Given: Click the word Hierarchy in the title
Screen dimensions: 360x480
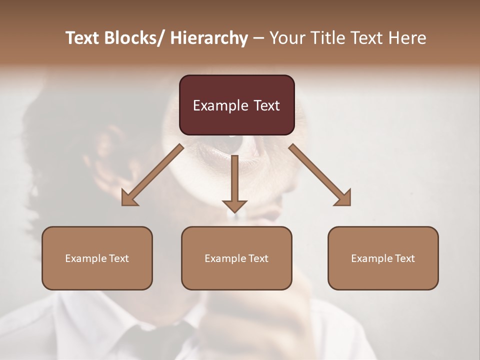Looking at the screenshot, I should (208, 38).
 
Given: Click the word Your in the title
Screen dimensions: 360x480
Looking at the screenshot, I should (287, 38).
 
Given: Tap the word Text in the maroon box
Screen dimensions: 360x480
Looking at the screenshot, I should (266, 106).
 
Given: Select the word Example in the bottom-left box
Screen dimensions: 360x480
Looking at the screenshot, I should (83, 258).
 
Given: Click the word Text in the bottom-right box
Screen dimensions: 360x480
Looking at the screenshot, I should (404, 258).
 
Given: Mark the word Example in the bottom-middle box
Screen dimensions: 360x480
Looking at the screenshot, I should (223, 258).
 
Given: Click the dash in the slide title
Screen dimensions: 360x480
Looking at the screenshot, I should (258, 38).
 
